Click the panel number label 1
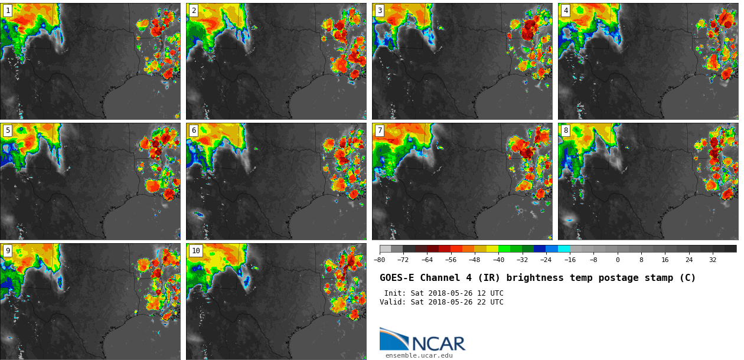(x=8, y=11)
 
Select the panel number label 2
(x=194, y=11)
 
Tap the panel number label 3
(x=380, y=11)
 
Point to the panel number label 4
(x=566, y=11)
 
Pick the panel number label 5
(x=8, y=130)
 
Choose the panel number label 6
(x=194, y=130)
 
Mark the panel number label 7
(x=380, y=130)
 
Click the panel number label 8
(x=566, y=130)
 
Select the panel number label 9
(x=8, y=251)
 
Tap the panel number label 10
(x=195, y=251)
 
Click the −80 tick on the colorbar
(x=380, y=260)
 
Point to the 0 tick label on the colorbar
(x=618, y=260)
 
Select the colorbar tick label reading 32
(x=713, y=260)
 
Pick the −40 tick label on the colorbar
(x=498, y=260)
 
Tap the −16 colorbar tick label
(x=570, y=260)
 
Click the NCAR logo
(x=422, y=340)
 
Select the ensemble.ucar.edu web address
(x=419, y=355)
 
